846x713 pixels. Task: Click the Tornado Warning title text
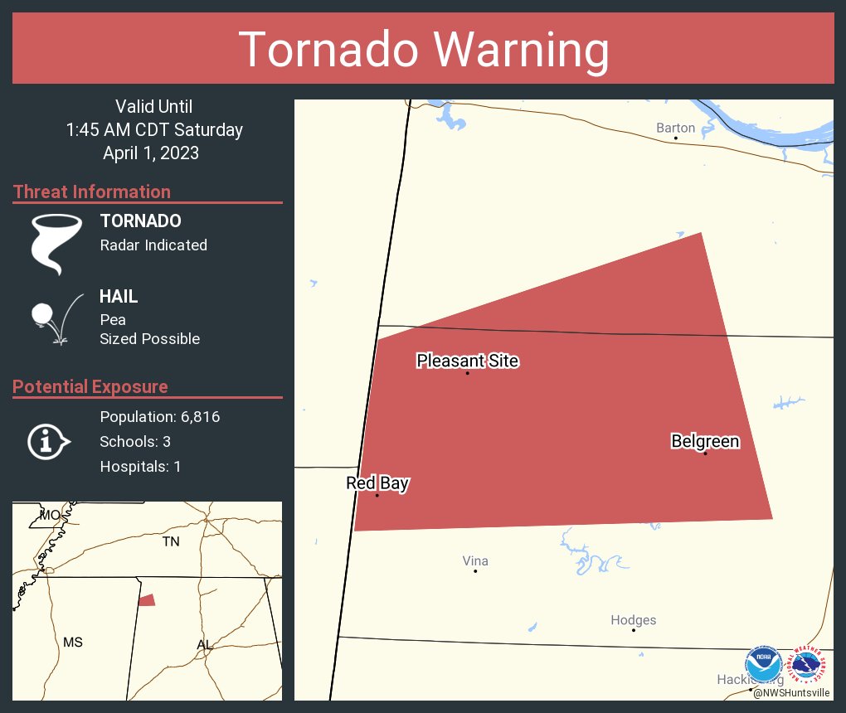[423, 50]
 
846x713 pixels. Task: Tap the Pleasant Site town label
[467, 361]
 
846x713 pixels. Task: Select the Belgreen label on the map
[705, 441]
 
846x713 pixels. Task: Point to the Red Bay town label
[377, 483]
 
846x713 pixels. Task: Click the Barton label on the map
[675, 128]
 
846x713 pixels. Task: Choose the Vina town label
[475, 561]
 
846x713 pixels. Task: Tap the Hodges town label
[633, 620]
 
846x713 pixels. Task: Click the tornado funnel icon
[57, 244]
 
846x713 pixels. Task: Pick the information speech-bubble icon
[48, 441]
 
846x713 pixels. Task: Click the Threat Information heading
[92, 192]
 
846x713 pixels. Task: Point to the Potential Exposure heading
[90, 386]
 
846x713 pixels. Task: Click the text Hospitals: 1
[140, 466]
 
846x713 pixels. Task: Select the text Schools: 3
[135, 441]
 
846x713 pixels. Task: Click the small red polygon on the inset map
[147, 600]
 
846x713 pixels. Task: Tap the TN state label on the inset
[171, 541]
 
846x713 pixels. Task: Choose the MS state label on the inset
[73, 642]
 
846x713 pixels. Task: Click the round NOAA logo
[764, 665]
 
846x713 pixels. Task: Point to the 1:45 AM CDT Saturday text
[154, 129]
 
